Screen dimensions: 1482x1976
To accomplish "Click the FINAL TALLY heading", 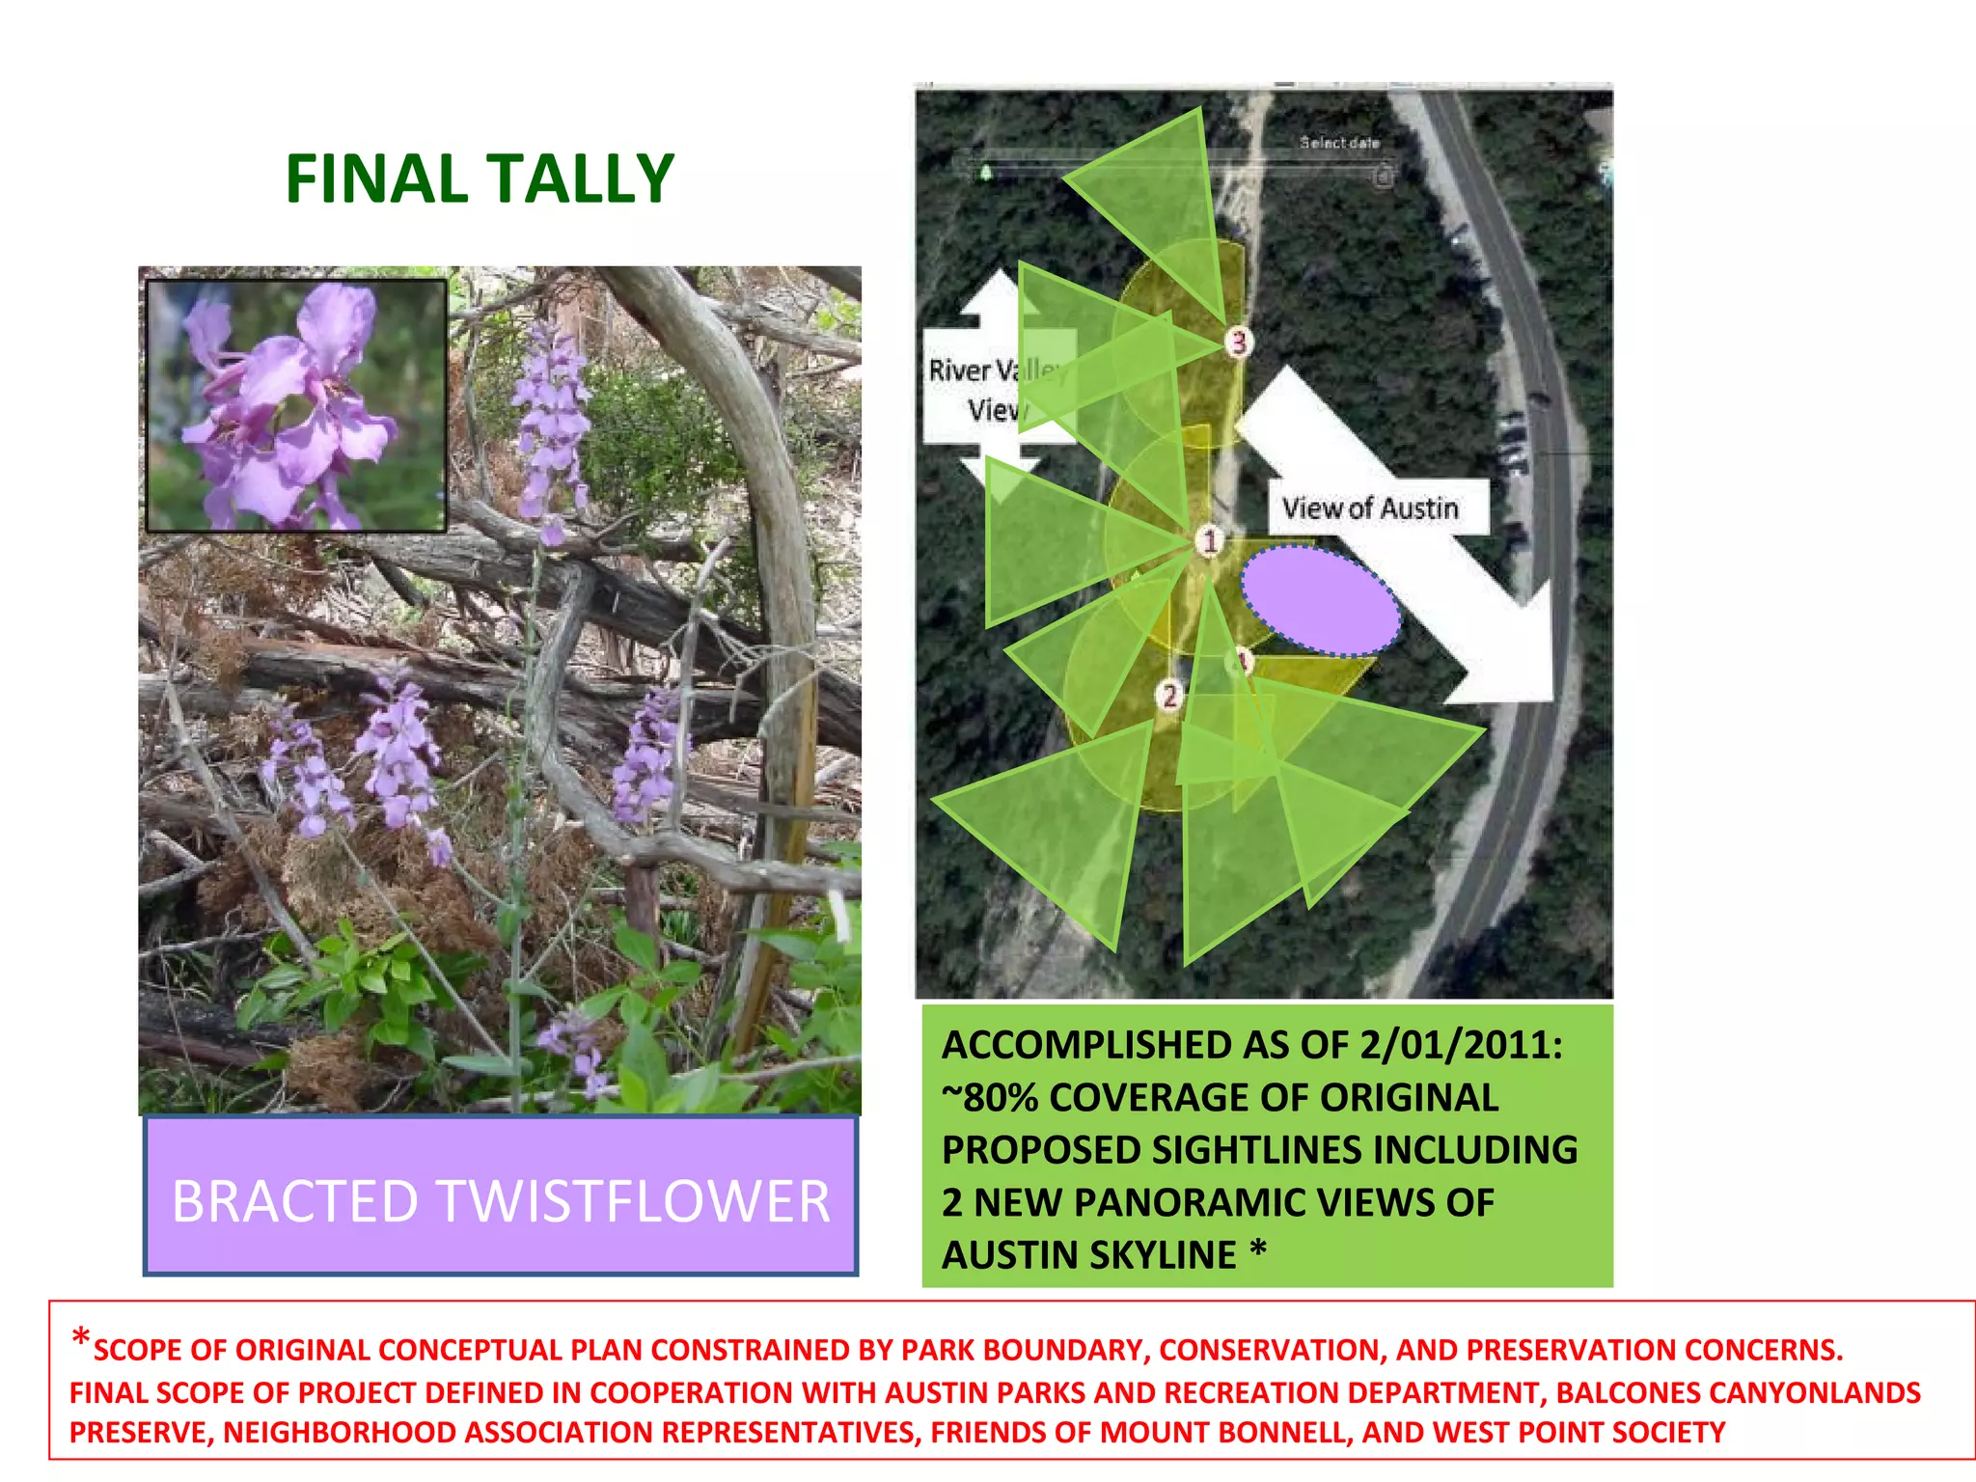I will pos(480,179).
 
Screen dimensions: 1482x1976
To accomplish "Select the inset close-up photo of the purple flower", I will pos(296,405).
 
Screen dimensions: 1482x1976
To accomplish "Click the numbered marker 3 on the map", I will pos(1239,342).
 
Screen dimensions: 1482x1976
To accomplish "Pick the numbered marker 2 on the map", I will pos(1169,695).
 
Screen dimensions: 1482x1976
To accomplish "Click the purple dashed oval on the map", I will pos(1320,601).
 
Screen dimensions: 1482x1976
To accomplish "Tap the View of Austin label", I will pos(1370,508).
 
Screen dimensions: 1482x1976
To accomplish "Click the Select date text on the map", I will pos(1339,143).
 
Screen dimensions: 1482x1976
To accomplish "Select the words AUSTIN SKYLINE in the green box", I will pos(1089,1255).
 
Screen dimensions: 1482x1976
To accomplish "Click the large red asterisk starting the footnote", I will pos(81,1339).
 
